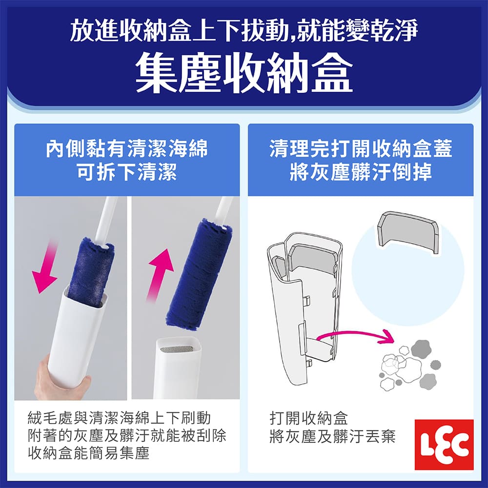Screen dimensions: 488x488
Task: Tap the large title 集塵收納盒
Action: point(244,73)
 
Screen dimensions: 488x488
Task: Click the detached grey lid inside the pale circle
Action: point(407,232)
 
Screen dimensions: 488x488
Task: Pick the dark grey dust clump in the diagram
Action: point(420,348)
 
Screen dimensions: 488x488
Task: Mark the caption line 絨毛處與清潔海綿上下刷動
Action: point(120,419)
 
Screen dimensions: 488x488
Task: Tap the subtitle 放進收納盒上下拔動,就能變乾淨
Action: point(244,32)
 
